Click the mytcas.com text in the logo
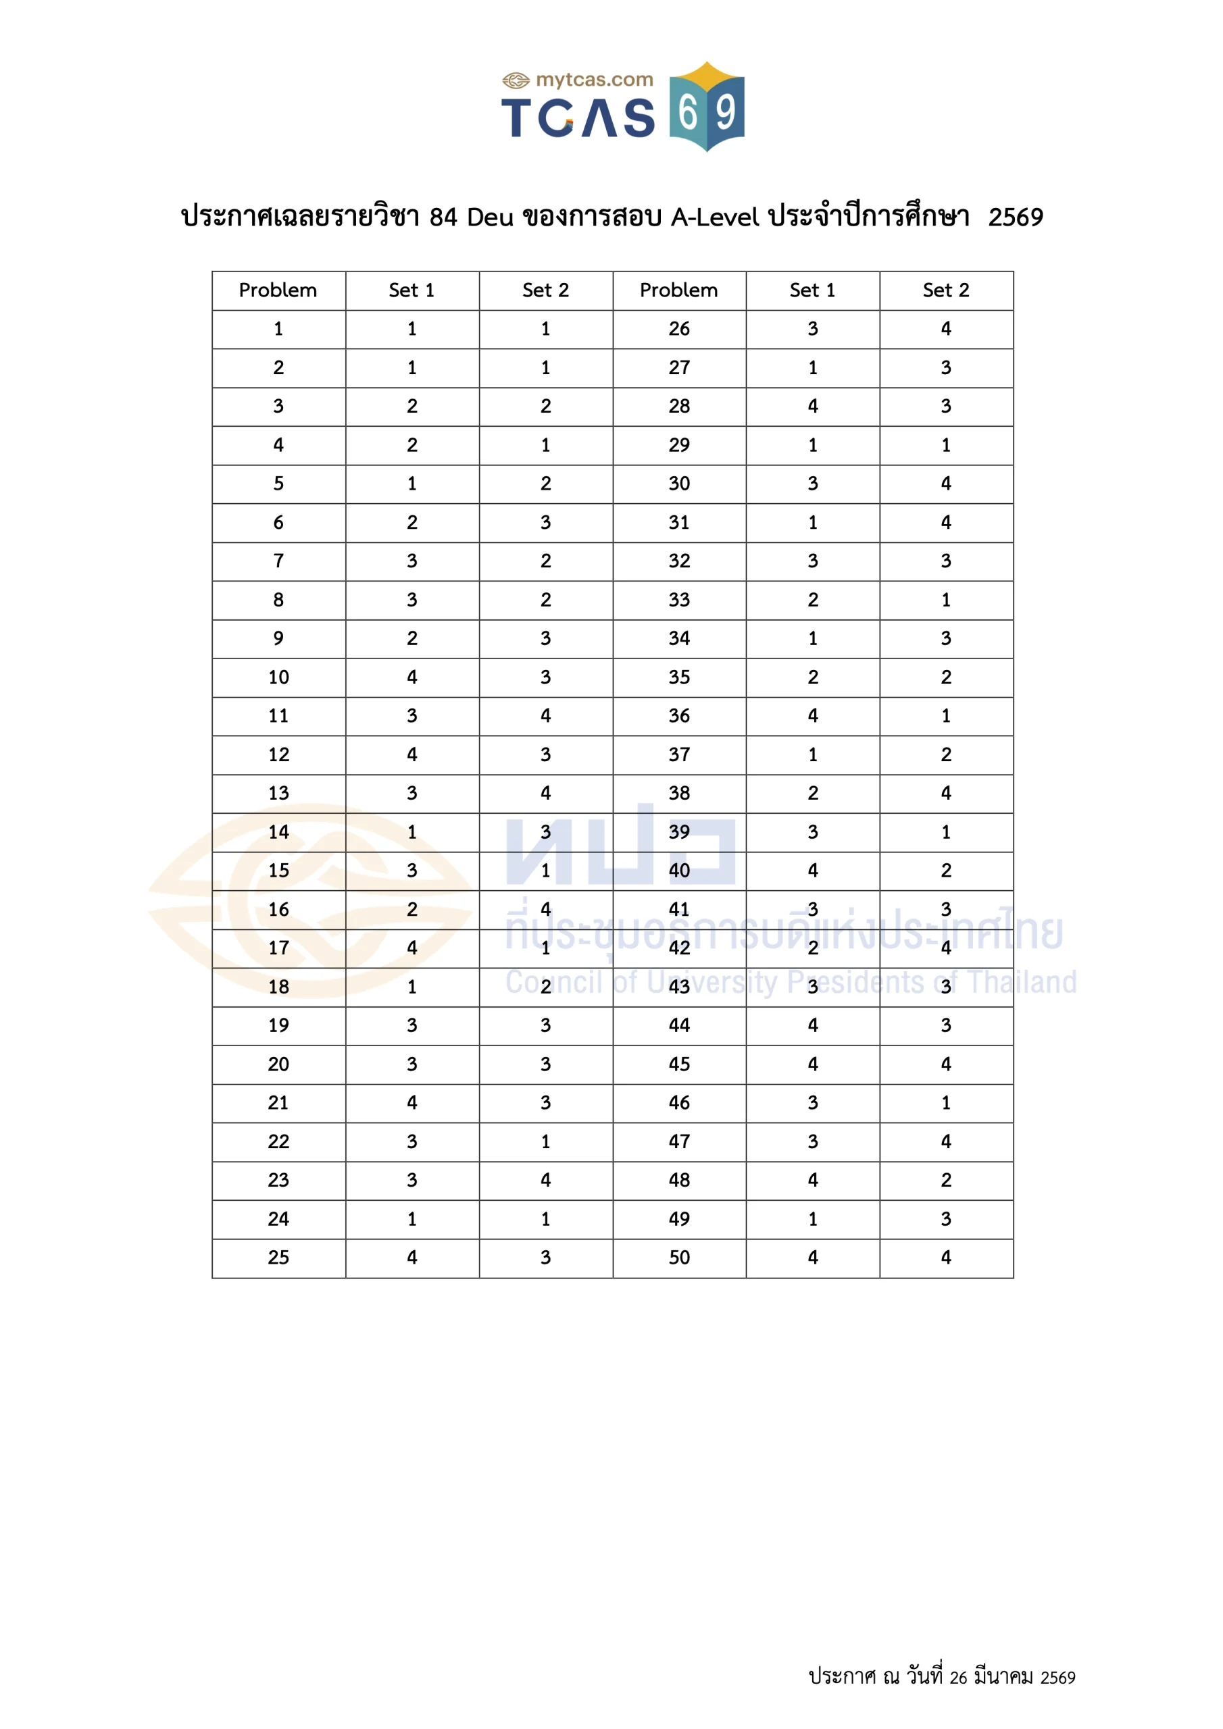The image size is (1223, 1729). [x=594, y=80]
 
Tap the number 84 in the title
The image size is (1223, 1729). [x=443, y=217]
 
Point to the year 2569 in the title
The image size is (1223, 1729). [x=1015, y=217]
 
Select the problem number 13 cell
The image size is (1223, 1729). [x=278, y=793]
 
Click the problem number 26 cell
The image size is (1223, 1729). [x=678, y=329]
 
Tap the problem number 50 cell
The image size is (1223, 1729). [x=678, y=1258]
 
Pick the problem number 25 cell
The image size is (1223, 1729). [x=278, y=1258]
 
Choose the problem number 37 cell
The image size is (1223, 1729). [x=678, y=754]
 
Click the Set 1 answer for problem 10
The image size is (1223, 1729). [x=411, y=677]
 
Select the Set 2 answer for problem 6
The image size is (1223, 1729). [x=545, y=523]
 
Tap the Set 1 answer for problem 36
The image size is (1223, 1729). [x=812, y=715]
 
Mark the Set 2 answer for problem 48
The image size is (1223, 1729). [x=946, y=1180]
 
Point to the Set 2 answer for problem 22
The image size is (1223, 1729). [x=545, y=1141]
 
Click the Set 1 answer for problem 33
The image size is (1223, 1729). [x=812, y=600]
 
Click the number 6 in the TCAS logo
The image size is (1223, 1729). [x=687, y=113]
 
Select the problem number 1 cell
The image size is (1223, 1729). [x=278, y=329]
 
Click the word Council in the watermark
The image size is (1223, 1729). [x=554, y=983]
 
